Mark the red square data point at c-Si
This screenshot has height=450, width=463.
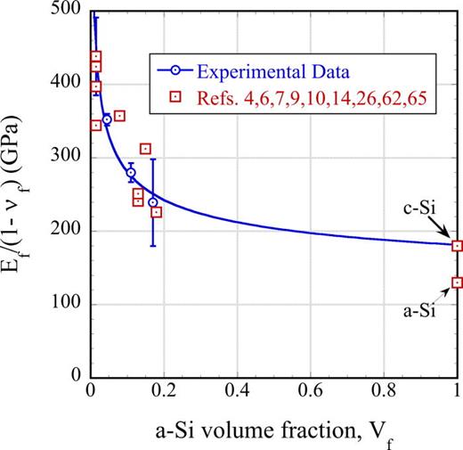coord(457,246)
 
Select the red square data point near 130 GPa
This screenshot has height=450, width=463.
coord(457,282)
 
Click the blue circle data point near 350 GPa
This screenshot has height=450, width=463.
coord(107,119)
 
